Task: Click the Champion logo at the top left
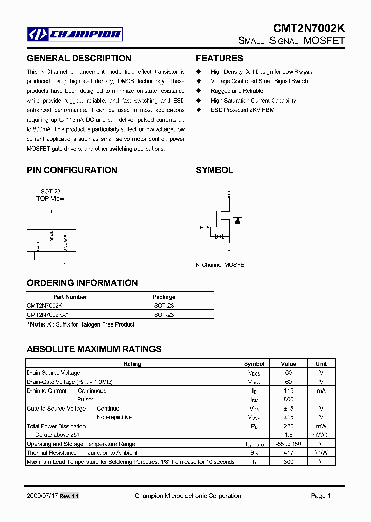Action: click(75, 35)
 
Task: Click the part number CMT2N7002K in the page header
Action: click(309, 29)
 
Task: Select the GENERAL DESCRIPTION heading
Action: click(79, 58)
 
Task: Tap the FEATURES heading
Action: click(219, 58)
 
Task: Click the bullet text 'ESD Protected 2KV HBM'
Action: click(242, 110)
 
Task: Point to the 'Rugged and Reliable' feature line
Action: click(237, 91)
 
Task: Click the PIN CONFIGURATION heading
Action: click(72, 170)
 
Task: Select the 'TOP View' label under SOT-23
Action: click(50, 199)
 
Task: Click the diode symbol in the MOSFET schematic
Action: click(238, 221)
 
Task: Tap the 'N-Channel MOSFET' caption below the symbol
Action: click(222, 265)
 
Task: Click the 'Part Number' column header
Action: click(70, 297)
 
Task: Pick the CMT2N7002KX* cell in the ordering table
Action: click(47, 315)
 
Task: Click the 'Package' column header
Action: click(164, 297)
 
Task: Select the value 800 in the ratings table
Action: click(289, 399)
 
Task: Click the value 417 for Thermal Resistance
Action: click(289, 453)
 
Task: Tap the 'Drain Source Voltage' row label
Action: click(53, 373)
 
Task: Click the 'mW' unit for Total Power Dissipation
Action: click(321, 426)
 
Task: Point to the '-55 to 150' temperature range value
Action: click(289, 444)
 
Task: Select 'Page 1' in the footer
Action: click(321, 496)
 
